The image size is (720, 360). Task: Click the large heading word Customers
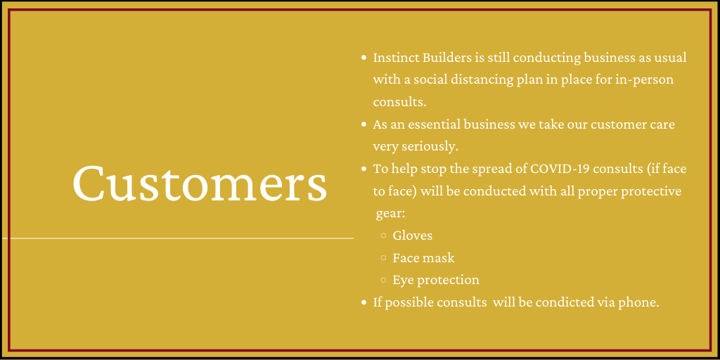point(200,183)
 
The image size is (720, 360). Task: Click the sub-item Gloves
point(412,236)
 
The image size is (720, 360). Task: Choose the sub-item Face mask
point(423,257)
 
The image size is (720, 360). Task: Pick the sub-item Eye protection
point(436,280)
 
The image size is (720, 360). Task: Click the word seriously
point(430,147)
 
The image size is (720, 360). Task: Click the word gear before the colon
point(390,214)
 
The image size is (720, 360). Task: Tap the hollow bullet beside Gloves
point(383,236)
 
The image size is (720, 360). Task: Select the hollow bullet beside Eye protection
point(383,280)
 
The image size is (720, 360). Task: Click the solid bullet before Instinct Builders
point(364,58)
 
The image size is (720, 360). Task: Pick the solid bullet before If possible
point(364,302)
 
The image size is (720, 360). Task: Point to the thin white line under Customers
point(178,238)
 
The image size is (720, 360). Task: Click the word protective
point(651,191)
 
